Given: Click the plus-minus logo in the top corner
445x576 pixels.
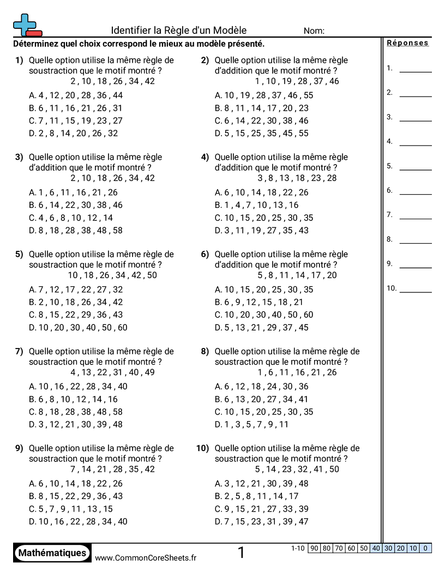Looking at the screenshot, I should click(27, 25).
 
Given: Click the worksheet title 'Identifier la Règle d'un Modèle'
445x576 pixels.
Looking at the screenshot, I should click(179, 31).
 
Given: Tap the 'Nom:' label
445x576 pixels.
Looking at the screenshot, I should click(314, 31).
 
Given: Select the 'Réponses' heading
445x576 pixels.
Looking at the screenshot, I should click(407, 43).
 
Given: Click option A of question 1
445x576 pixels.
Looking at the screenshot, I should click(76, 95).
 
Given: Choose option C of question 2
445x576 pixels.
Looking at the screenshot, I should click(261, 121).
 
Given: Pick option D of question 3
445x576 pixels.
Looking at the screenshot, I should click(76, 230).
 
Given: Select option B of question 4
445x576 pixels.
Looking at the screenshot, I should click(257, 205).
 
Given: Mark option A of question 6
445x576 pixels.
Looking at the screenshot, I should click(264, 290).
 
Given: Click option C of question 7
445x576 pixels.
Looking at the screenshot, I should click(76, 412).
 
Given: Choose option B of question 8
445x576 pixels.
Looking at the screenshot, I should click(261, 399).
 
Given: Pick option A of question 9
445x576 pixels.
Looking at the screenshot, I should click(76, 483).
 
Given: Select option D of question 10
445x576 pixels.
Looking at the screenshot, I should click(261, 521).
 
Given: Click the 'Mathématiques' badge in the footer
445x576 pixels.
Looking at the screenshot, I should click(52, 553).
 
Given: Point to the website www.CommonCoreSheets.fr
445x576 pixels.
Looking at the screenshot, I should click(146, 557).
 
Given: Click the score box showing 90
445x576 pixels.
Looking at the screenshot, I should click(314, 548).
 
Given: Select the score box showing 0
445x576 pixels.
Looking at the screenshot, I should click(425, 548).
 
